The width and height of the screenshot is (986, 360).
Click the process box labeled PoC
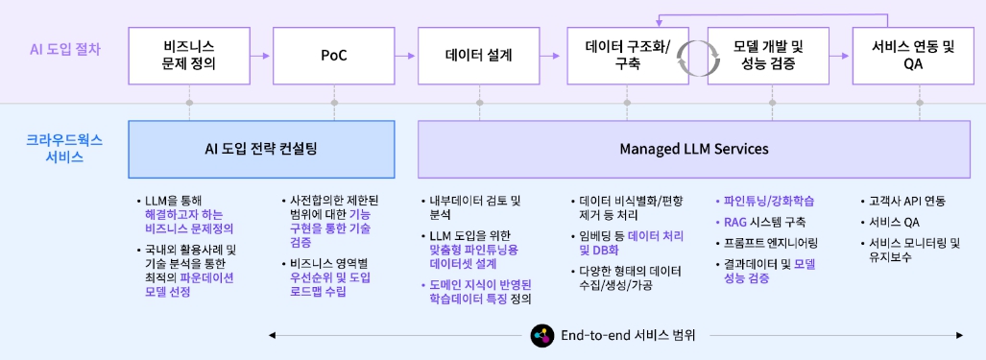(333, 56)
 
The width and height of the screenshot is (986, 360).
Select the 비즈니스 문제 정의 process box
(189, 56)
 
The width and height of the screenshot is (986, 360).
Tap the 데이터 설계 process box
(478, 56)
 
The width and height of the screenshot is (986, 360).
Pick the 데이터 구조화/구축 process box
(623, 56)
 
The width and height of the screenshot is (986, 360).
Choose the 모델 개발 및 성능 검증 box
(768, 56)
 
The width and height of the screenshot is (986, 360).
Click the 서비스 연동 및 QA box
(913, 56)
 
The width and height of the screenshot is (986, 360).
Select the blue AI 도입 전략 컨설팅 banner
(261, 149)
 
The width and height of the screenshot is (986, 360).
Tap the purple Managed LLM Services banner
(695, 149)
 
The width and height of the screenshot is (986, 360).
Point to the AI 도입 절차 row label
(64, 47)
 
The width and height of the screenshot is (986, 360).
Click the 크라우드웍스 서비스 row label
(64, 149)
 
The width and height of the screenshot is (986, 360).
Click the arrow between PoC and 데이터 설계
(406, 56)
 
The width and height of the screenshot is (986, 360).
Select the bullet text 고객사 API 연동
(906, 202)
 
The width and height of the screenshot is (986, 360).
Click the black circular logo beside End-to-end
(542, 335)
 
